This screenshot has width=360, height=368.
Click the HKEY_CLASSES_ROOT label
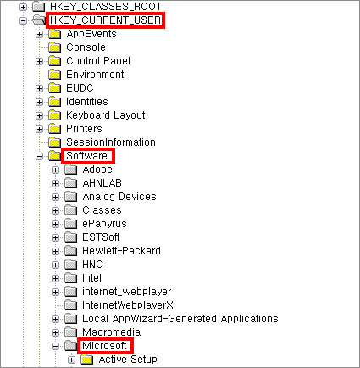[106, 6]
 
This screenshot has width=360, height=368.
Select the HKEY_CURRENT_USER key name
[106, 20]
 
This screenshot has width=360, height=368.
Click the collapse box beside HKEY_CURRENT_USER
[23, 20]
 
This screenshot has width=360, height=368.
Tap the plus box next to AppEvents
[39, 34]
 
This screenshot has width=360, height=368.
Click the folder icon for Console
[54, 47]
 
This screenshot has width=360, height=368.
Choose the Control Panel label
[98, 61]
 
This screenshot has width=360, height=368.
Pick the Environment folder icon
[54, 75]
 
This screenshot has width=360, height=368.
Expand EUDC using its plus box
[39, 88]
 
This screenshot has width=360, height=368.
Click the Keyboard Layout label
[105, 115]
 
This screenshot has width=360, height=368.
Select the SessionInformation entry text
[111, 142]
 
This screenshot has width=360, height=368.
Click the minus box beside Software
[39, 156]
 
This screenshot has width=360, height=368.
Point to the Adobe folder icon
[70, 170]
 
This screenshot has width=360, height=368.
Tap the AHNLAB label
[102, 183]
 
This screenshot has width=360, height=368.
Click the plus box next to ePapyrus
[56, 224]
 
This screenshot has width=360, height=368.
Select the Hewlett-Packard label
[121, 251]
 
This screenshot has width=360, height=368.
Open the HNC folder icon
[70, 265]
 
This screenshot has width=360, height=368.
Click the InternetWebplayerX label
[128, 305]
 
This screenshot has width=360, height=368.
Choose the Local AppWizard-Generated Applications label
[180, 319]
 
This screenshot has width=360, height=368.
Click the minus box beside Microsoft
[56, 346]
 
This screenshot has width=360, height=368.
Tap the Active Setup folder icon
[87, 360]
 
